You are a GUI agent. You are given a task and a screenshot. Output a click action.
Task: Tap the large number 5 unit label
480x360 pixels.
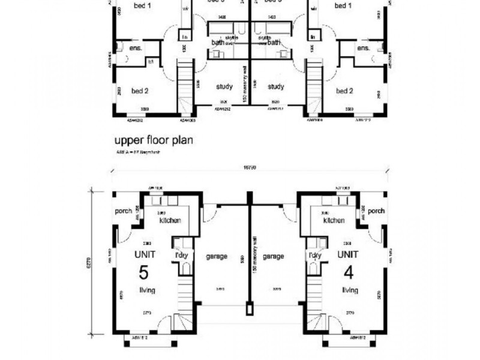pos(144,272)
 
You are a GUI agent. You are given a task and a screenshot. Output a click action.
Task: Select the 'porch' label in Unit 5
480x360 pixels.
pos(123,211)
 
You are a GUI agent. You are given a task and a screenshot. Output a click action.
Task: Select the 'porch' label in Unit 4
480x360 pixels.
pos(376,211)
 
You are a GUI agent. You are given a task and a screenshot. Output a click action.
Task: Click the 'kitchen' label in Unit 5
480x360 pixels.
pos(170,221)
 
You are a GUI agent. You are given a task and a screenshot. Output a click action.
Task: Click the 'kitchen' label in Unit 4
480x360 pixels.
pos(334,221)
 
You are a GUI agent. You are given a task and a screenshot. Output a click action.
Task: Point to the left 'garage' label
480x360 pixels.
pos(217,256)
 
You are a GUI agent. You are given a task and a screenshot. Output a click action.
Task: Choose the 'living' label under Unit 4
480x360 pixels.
pos(350,290)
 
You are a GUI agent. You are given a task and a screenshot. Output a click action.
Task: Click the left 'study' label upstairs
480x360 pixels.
pos(224,86)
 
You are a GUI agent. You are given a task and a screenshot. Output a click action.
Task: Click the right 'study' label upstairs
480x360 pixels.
pos(275,86)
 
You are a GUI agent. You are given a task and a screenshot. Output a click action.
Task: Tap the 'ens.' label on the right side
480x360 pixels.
pos(362,48)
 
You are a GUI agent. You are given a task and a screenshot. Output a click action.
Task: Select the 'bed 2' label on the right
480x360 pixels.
pos(344,91)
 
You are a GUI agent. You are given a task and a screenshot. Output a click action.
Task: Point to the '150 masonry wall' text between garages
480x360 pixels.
pos(254,256)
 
